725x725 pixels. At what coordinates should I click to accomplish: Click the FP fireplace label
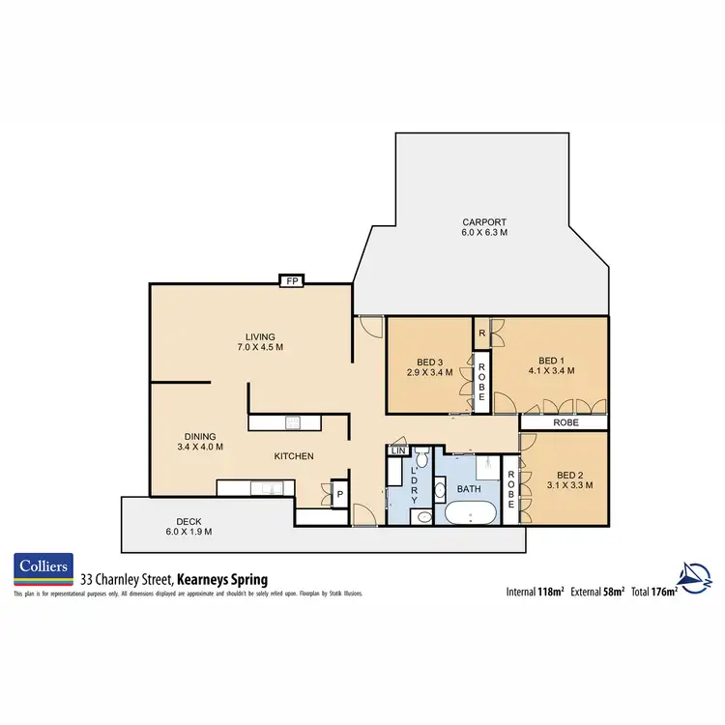click(x=291, y=281)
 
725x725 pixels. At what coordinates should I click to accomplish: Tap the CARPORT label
click(x=484, y=222)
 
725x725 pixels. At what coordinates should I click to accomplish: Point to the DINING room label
click(x=200, y=436)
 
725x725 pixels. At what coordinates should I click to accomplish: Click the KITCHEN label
click(x=294, y=456)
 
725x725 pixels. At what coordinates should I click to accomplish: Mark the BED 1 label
click(x=552, y=359)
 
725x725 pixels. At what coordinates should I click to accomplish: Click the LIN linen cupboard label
click(x=397, y=450)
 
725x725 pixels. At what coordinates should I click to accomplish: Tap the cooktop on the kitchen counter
click(x=294, y=421)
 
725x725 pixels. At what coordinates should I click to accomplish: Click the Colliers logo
click(x=42, y=569)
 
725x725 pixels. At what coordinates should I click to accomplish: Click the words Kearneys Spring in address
click(x=221, y=578)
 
